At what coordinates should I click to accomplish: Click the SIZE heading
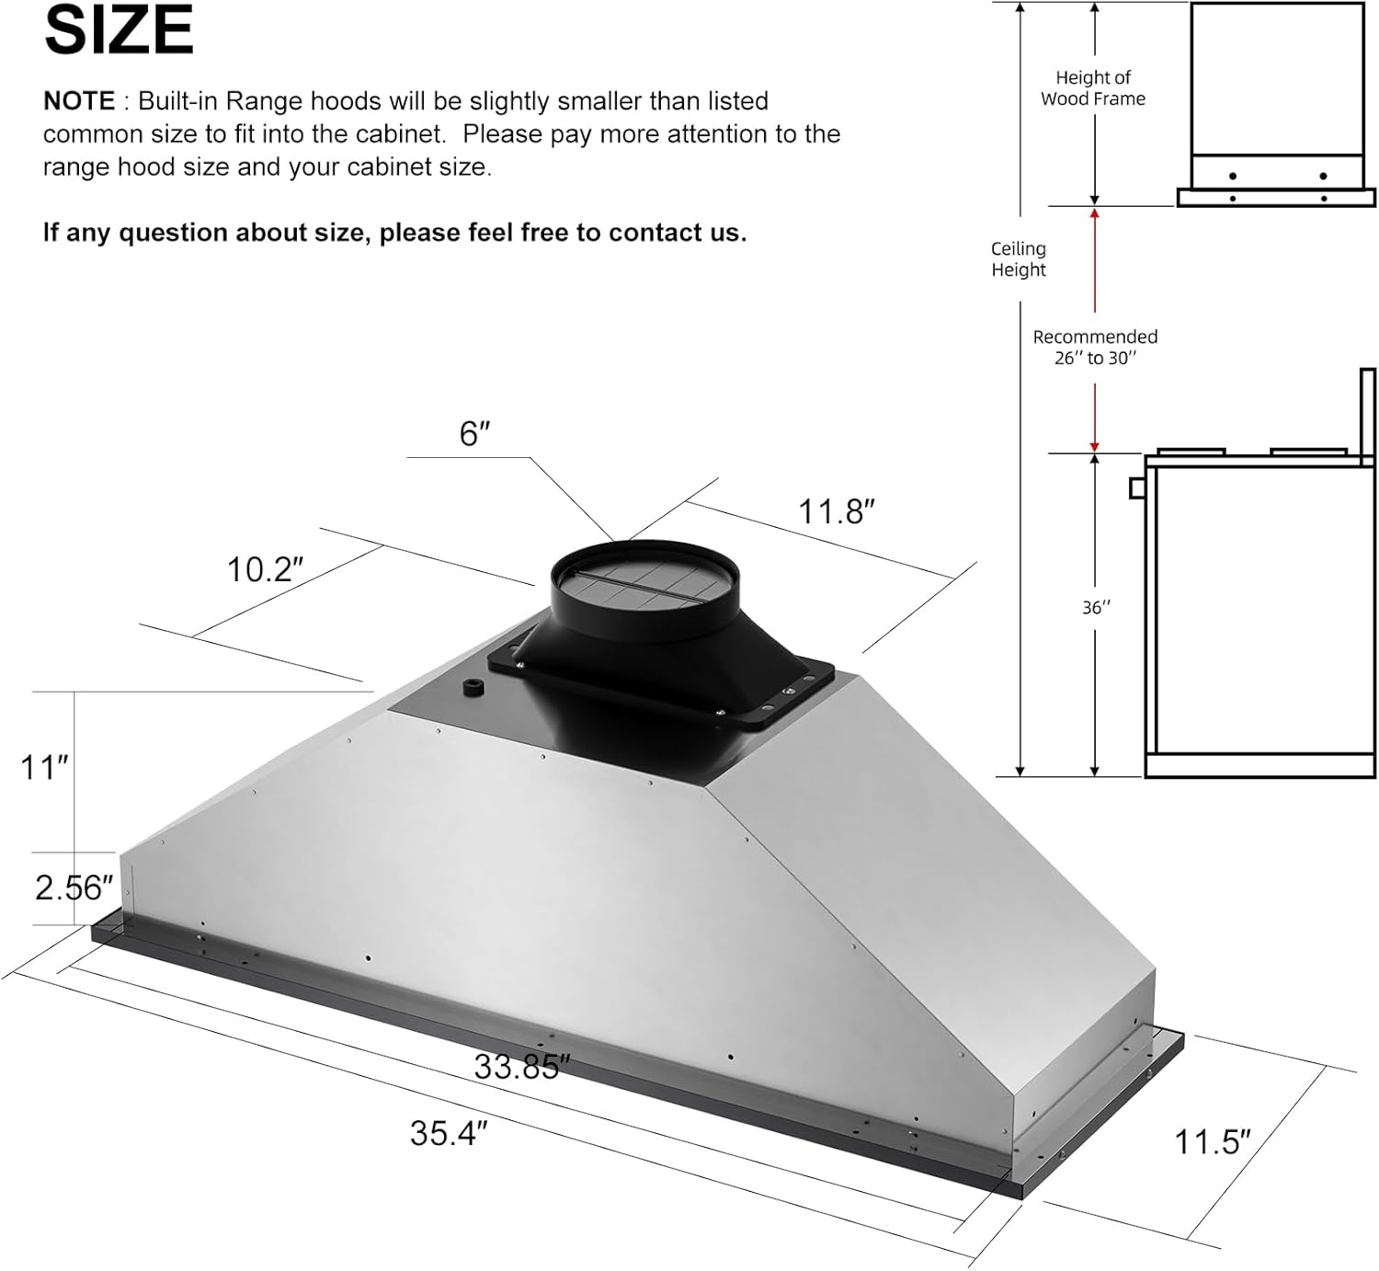pyautogui.click(x=119, y=30)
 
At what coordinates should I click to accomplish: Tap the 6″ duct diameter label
pyautogui.click(x=474, y=433)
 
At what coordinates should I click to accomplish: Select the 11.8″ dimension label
pyautogui.click(x=836, y=511)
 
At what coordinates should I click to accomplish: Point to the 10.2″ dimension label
pyautogui.click(x=265, y=569)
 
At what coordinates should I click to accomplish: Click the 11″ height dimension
pyautogui.click(x=44, y=766)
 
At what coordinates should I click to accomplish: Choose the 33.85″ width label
pyautogui.click(x=521, y=1067)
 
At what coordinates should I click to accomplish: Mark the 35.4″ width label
pyautogui.click(x=449, y=1133)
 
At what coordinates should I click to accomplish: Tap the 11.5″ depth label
pyautogui.click(x=1213, y=1142)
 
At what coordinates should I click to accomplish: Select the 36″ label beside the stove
pyautogui.click(x=1096, y=608)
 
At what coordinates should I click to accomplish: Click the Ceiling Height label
pyautogui.click(x=1019, y=259)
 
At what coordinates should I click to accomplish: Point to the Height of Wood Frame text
pyautogui.click(x=1093, y=88)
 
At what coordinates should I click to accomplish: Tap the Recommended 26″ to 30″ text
pyautogui.click(x=1095, y=348)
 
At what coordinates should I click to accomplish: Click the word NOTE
pyautogui.click(x=79, y=101)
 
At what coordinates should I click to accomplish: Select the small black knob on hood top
pyautogui.click(x=474, y=687)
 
